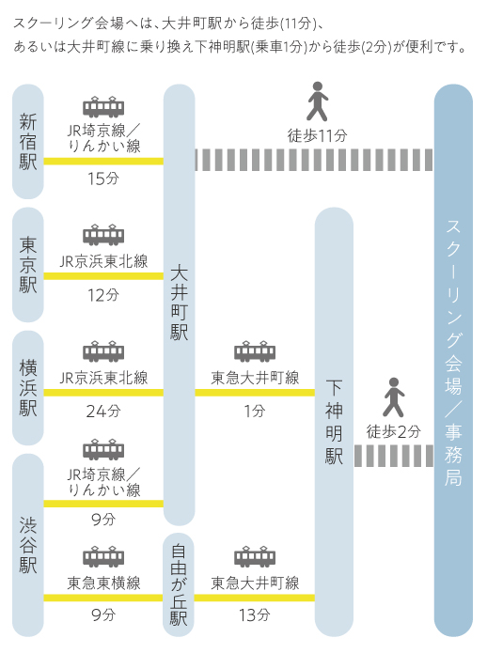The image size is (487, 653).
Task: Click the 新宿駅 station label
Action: tap(28, 142)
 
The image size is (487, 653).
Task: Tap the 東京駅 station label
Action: tap(28, 265)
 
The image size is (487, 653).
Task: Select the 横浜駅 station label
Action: tap(28, 388)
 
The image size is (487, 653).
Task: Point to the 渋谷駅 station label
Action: tap(28, 545)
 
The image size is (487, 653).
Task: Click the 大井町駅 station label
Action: tap(180, 303)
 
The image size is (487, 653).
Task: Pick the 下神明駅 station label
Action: tap(334, 422)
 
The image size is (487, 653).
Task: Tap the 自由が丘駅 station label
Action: tap(179, 584)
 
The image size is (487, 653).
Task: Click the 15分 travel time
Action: tap(102, 179)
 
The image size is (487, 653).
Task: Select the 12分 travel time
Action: tap(102, 295)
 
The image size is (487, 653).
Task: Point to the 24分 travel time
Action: tap(102, 412)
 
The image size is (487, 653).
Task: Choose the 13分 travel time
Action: tap(254, 614)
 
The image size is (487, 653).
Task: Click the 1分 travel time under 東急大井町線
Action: tap(254, 412)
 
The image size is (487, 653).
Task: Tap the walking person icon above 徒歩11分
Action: tap(318, 101)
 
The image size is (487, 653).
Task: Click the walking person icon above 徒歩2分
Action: tap(394, 397)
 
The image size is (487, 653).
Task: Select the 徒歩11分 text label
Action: tap(317, 135)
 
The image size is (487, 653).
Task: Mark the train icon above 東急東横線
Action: tap(103, 556)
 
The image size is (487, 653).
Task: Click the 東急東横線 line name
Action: tap(103, 583)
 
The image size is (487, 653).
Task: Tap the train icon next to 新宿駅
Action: tap(103, 106)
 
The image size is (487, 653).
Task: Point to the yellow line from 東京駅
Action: tap(103, 276)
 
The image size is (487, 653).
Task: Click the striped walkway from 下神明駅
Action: tap(394, 456)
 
